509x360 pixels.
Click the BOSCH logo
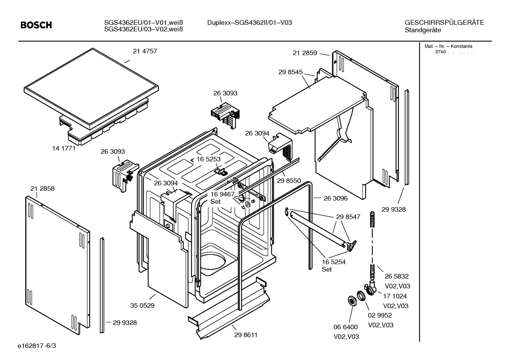[36, 25]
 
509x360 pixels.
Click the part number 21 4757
[145, 51]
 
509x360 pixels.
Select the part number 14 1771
[64, 148]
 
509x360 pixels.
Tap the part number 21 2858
[42, 189]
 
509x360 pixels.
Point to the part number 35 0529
[142, 306]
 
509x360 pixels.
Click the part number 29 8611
[246, 335]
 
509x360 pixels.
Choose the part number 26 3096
[335, 198]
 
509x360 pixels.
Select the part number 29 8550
[289, 181]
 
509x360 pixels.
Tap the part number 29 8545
[290, 72]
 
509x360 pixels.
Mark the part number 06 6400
[346, 327]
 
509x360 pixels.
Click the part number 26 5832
[396, 276]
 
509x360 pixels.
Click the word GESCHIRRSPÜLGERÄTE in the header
[444, 23]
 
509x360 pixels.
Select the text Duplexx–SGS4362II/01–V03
[250, 23]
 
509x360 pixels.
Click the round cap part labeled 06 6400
[352, 300]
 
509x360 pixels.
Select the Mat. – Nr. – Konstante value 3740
[440, 52]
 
